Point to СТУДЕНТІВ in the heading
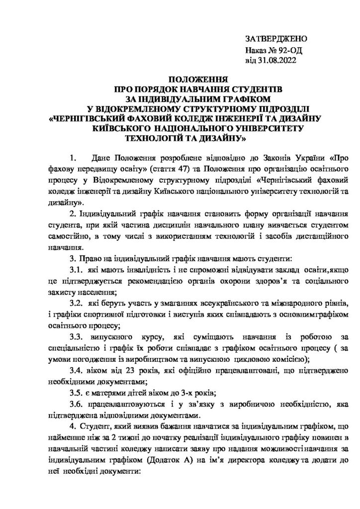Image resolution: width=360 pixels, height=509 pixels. (x=250, y=89)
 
